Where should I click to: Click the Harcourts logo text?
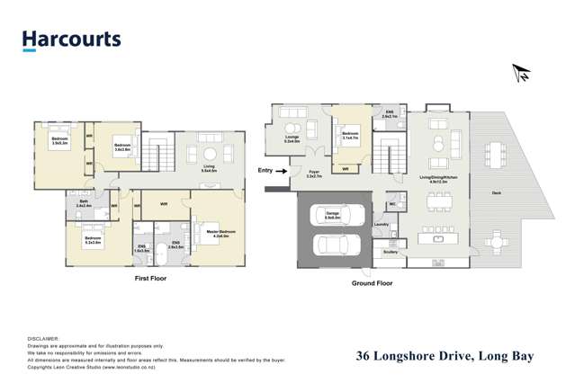point(71,40)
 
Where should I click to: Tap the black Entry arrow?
point(282,169)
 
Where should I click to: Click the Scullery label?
point(390,252)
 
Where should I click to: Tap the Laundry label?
point(381,224)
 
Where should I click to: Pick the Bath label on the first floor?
point(81,203)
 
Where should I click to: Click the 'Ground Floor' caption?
point(372,282)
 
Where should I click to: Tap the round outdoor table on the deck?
point(496,240)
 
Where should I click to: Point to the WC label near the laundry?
point(392,204)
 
